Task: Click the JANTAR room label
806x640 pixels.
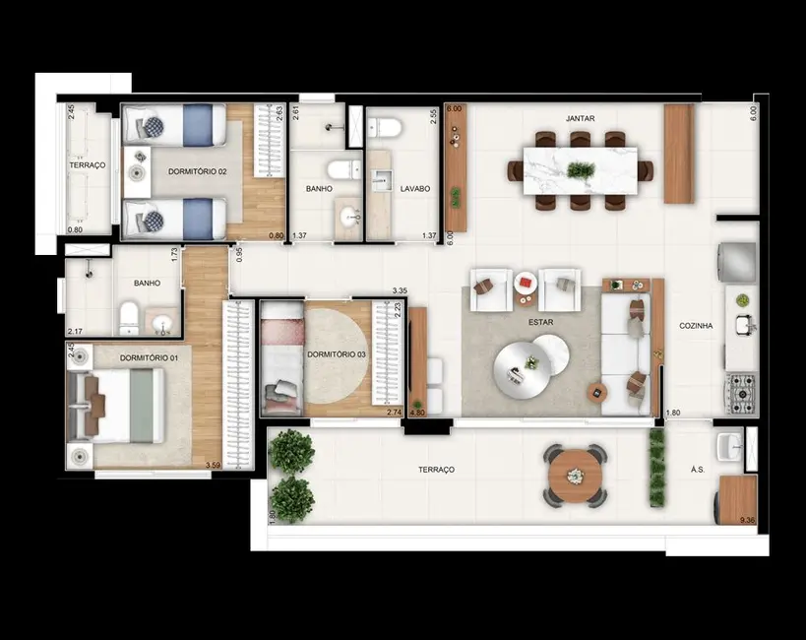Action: (580, 118)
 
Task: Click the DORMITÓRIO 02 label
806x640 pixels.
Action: (198, 172)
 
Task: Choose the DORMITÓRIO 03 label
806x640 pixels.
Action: (337, 354)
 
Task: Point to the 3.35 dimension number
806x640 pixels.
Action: (400, 291)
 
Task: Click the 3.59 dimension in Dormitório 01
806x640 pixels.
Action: (212, 465)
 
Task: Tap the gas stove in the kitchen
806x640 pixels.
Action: (741, 393)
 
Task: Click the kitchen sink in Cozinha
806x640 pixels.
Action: (745, 322)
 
